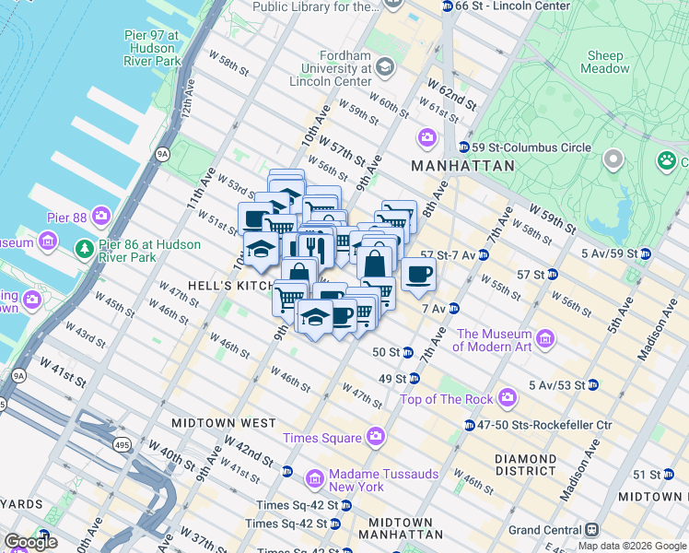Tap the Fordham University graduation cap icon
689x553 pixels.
(384, 67)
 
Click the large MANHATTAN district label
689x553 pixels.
(462, 166)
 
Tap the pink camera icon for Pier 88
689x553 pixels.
(100, 218)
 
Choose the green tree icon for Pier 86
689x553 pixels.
(84, 247)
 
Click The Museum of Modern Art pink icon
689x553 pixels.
(545, 340)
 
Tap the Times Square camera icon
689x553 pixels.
(375, 436)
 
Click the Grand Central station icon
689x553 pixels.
(590, 530)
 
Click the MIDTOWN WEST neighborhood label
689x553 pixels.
(223, 422)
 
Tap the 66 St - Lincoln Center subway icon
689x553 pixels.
(448, 6)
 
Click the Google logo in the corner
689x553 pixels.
(30, 542)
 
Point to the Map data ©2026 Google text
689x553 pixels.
(632, 546)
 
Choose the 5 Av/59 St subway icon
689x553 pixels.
(645, 253)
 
